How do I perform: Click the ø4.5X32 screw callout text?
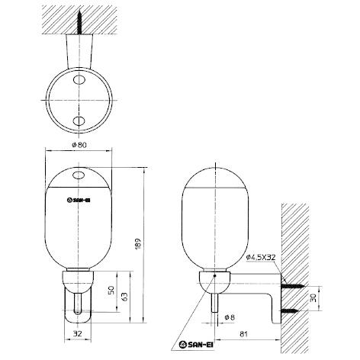click(x=262, y=258)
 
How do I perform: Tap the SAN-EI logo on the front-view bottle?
click(x=79, y=201)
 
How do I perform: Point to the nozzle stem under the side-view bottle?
click(x=217, y=303)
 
